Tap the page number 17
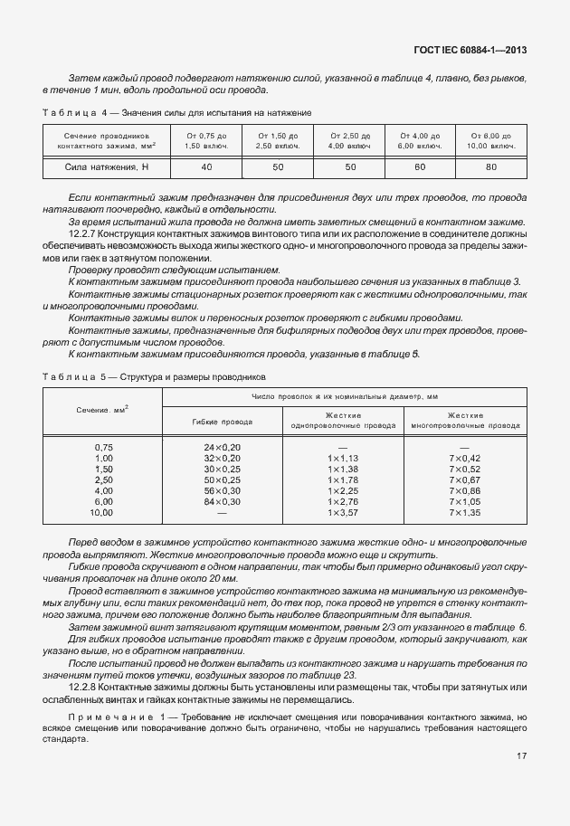(522, 781)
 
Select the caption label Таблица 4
(74, 111)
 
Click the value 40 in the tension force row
(206, 167)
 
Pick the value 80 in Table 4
(491, 167)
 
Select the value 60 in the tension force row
(420, 167)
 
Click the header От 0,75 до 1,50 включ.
(206, 139)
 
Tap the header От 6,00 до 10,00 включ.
(491, 139)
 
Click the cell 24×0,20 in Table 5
(223, 447)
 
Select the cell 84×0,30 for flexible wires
(223, 500)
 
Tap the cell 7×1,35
(464, 512)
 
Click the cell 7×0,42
(464, 459)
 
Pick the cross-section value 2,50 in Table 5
(103, 479)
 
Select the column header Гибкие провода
(223, 421)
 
